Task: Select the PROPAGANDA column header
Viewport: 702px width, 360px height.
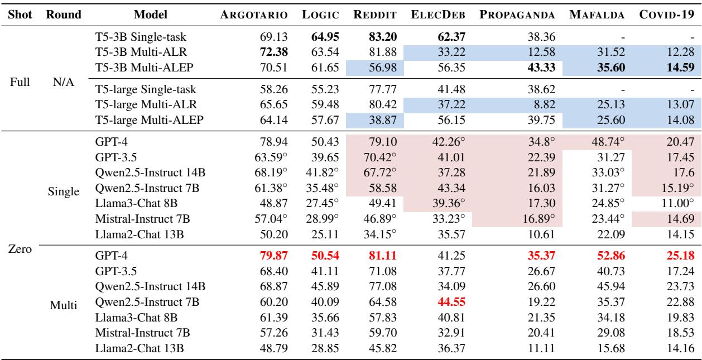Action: [x=513, y=13]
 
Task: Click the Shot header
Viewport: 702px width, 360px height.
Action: [x=18, y=13]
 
